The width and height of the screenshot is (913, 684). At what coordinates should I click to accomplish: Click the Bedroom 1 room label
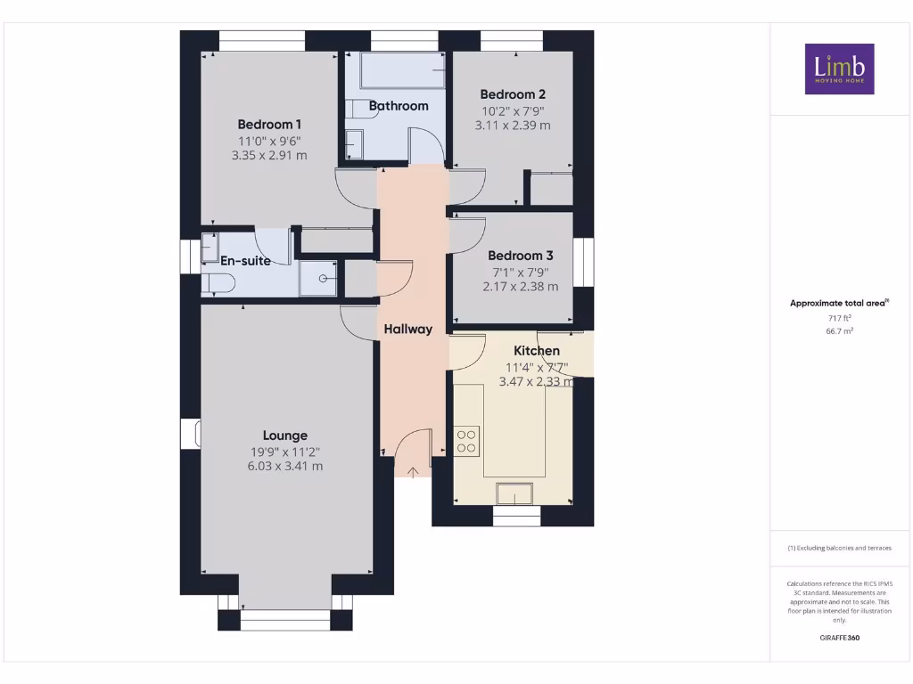pyautogui.click(x=269, y=125)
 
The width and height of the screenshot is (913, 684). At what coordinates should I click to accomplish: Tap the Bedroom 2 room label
pyautogui.click(x=513, y=94)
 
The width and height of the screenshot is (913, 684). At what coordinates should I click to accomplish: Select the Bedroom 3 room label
pyautogui.click(x=521, y=256)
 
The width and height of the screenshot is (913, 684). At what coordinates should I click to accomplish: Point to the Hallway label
pyautogui.click(x=408, y=329)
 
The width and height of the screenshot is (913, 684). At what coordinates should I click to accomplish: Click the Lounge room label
pyautogui.click(x=285, y=436)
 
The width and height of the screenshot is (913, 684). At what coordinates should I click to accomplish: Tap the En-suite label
pyautogui.click(x=246, y=262)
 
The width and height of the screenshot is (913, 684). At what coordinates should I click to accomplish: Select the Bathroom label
pyautogui.click(x=399, y=105)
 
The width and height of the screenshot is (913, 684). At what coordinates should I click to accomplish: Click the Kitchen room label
pyautogui.click(x=537, y=351)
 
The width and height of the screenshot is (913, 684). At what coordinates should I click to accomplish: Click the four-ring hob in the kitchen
pyautogui.click(x=467, y=440)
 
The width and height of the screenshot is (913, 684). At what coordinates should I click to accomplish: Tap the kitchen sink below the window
pyautogui.click(x=515, y=493)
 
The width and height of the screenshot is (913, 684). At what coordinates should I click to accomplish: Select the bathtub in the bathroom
pyautogui.click(x=400, y=70)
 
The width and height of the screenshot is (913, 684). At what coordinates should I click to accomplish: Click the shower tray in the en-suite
pyautogui.click(x=318, y=278)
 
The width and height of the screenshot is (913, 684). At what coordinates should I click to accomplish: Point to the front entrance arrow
pyautogui.click(x=413, y=471)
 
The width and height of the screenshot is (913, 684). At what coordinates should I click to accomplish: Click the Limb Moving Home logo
pyautogui.click(x=839, y=69)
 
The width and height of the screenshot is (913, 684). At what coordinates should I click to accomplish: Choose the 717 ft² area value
pyautogui.click(x=839, y=317)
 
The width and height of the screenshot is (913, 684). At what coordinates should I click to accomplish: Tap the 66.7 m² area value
pyautogui.click(x=839, y=330)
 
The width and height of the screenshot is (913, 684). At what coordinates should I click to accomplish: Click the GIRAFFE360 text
pyautogui.click(x=839, y=638)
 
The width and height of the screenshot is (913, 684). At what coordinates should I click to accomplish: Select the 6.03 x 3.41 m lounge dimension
pyautogui.click(x=285, y=466)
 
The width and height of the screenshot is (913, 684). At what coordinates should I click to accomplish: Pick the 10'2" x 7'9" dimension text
pyautogui.click(x=513, y=111)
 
